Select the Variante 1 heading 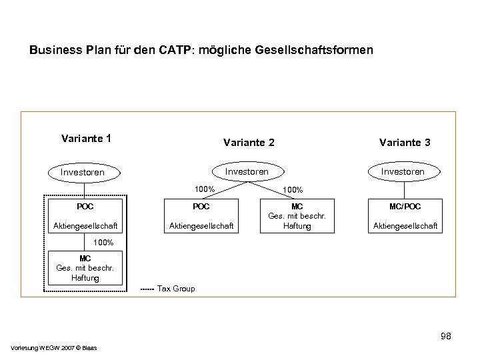(x=85, y=139)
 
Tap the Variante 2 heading (x=248, y=142)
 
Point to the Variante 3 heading (x=404, y=142)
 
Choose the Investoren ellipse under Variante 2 (x=247, y=171)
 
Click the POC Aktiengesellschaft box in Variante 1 (x=85, y=216)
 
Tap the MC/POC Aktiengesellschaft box (x=405, y=216)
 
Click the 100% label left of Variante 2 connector (x=203, y=189)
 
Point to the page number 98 (x=445, y=337)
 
